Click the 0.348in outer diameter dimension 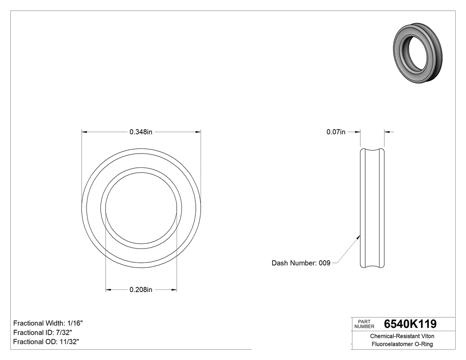[x=141, y=132]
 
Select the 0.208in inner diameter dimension [x=141, y=290]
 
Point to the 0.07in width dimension [x=336, y=132]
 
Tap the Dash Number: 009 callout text [x=301, y=263]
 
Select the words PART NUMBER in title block [x=363, y=324]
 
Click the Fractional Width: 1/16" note [x=48, y=323]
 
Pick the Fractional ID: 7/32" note [x=43, y=332]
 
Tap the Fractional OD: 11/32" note [x=46, y=342]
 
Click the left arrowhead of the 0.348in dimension [x=85, y=132]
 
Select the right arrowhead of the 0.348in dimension [x=198, y=132]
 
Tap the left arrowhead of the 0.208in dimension [x=108, y=290]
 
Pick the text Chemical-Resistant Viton [x=403, y=336]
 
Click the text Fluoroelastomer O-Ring [x=403, y=344]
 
